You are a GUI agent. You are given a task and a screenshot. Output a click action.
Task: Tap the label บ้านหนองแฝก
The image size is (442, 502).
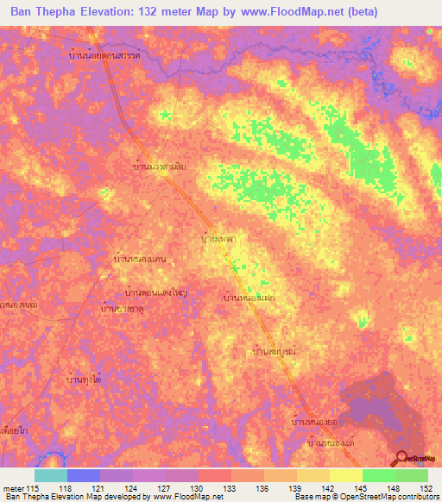click(x=249, y=297)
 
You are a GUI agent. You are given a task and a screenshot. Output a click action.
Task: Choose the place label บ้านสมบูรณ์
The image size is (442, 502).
click(x=274, y=353)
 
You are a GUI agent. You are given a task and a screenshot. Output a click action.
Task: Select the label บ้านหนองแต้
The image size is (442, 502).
click(x=332, y=442)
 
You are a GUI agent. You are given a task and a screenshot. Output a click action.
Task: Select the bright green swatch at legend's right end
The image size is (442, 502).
click(x=411, y=475)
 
